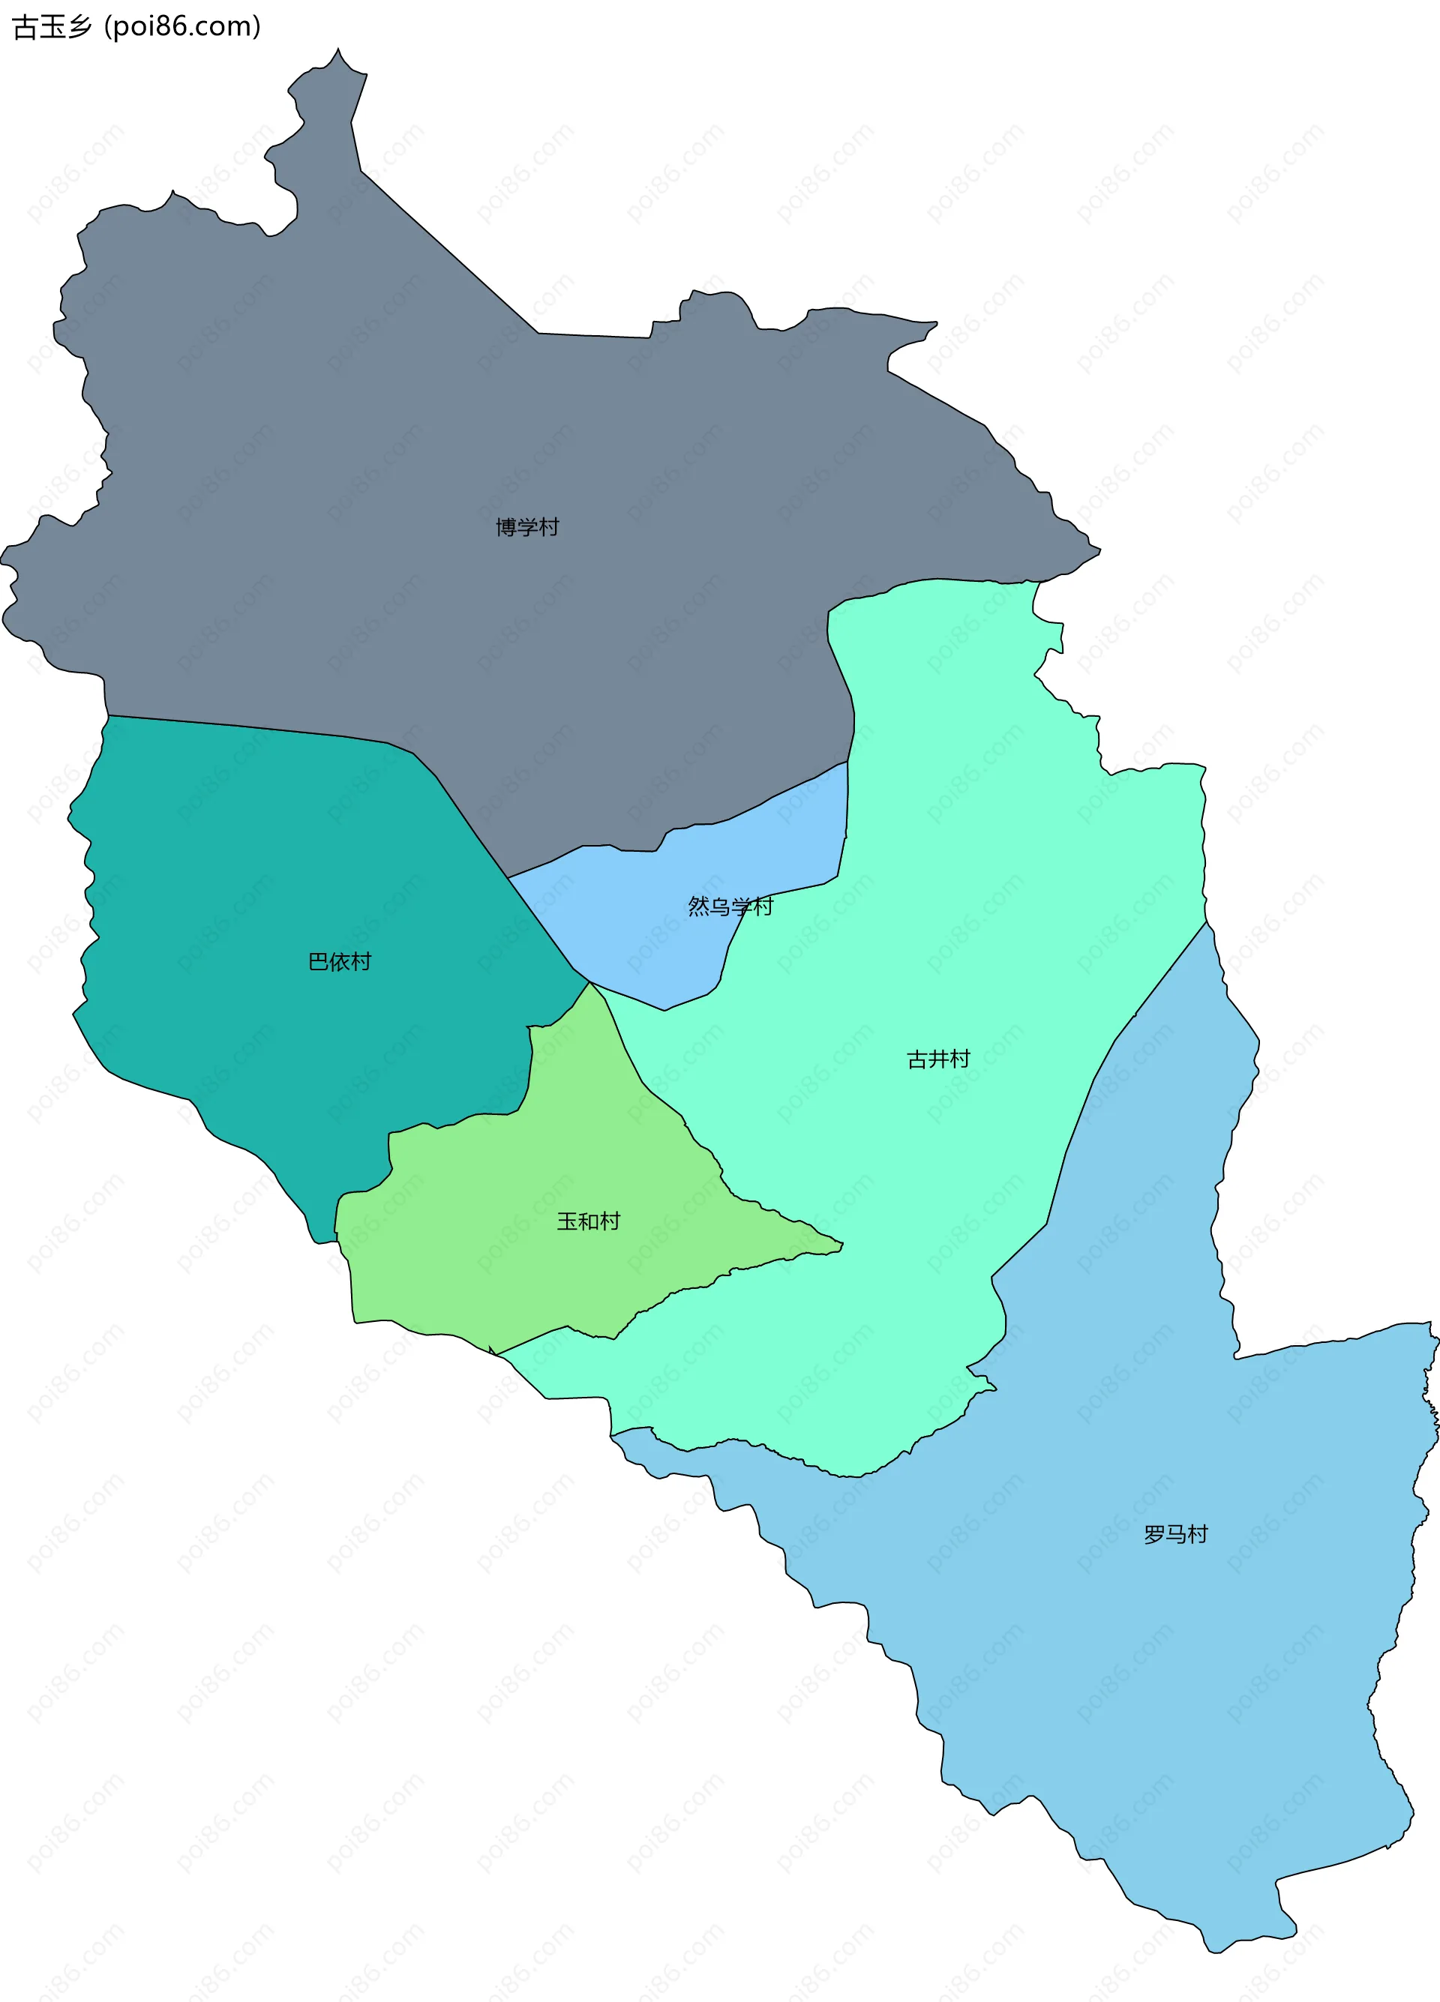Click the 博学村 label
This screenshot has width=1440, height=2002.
(x=527, y=527)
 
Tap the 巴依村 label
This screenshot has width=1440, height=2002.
(x=340, y=961)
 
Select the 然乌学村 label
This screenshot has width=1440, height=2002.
(x=730, y=906)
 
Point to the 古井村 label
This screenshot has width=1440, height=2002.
(x=937, y=1059)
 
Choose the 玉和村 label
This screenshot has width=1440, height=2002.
(x=588, y=1221)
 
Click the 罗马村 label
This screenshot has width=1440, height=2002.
(x=1175, y=1534)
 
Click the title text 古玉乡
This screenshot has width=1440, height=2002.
(x=51, y=26)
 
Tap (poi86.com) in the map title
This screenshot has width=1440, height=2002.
(x=183, y=26)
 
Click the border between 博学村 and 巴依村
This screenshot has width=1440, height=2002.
(x=265, y=729)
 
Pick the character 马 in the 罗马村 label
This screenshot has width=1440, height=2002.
(x=1175, y=1534)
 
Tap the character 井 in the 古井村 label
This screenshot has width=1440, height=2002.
(x=937, y=1059)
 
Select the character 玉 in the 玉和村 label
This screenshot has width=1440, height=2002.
(x=567, y=1221)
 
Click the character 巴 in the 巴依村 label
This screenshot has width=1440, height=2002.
(x=319, y=961)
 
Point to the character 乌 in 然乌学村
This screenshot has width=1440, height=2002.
(x=721, y=906)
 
